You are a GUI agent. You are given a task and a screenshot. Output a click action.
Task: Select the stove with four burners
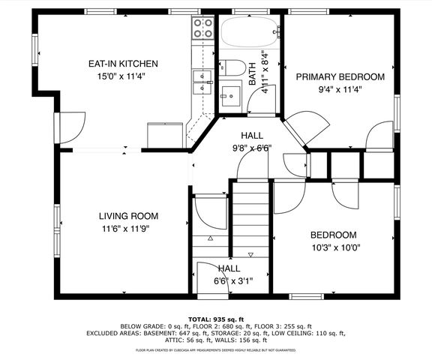[202, 28]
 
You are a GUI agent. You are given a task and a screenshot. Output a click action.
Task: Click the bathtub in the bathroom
[248, 34]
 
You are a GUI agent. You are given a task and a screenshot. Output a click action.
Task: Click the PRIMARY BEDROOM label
[340, 76]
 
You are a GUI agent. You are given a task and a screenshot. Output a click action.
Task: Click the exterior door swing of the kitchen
[71, 124]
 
